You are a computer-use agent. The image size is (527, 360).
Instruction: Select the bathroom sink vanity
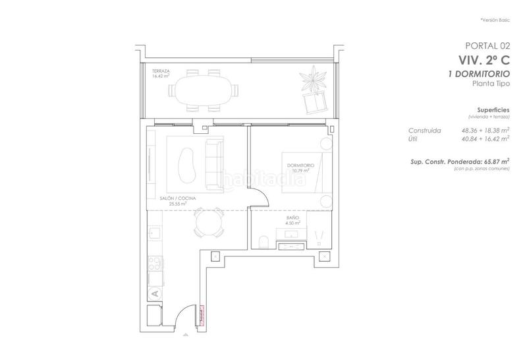tap(290, 246)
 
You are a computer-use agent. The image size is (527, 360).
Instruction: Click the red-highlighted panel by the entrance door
tap(202, 315)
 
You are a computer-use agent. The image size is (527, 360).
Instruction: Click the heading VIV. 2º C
tap(484, 59)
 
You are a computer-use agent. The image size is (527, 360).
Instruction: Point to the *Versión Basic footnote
tap(495, 20)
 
